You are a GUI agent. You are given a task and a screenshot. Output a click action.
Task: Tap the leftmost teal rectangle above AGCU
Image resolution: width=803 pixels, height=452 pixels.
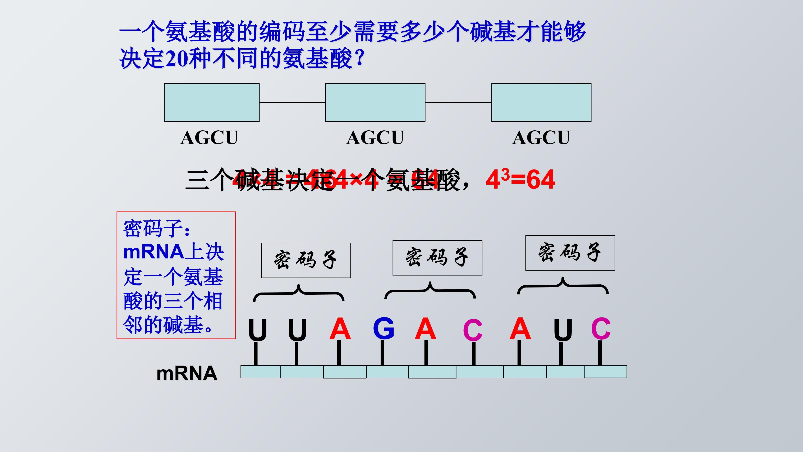[212, 102]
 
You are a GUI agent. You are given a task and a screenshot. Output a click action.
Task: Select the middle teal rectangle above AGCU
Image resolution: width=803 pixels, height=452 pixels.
[375, 102]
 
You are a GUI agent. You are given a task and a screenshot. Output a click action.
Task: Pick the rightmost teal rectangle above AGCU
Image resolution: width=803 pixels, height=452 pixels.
[541, 102]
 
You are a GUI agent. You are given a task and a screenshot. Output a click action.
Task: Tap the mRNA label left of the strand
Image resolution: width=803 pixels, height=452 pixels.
[187, 373]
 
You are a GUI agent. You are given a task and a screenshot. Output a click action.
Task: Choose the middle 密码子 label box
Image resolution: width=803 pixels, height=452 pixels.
[437, 258]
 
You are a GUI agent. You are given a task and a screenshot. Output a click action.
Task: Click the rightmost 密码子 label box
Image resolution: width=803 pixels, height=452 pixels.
[570, 253]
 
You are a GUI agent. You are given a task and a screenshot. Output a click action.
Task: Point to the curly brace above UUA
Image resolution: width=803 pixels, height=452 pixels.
[299, 293]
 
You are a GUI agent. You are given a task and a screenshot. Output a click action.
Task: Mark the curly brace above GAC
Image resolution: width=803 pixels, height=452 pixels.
[430, 290]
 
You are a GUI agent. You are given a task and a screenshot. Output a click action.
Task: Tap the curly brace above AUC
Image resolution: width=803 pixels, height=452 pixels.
[563, 285]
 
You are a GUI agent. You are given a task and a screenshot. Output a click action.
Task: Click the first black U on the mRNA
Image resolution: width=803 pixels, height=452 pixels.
[257, 330]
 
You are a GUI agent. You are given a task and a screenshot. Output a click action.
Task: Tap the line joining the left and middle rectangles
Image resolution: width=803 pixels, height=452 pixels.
[292, 102]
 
